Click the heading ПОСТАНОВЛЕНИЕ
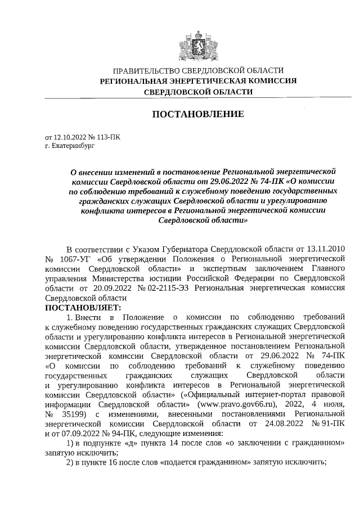[x=199, y=115]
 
